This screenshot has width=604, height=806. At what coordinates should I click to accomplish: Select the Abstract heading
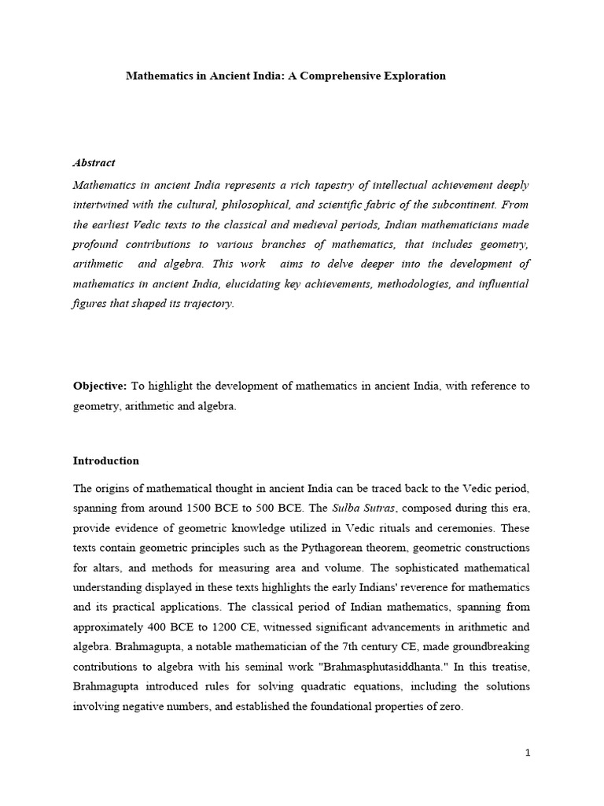coord(94,163)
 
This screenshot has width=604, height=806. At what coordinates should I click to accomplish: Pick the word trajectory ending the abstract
coord(206,305)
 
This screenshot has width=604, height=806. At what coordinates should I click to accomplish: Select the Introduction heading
coord(106,461)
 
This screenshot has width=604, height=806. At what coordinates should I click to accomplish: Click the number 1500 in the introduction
coord(212,505)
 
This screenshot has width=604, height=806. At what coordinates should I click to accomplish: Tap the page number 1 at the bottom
coord(528,753)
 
